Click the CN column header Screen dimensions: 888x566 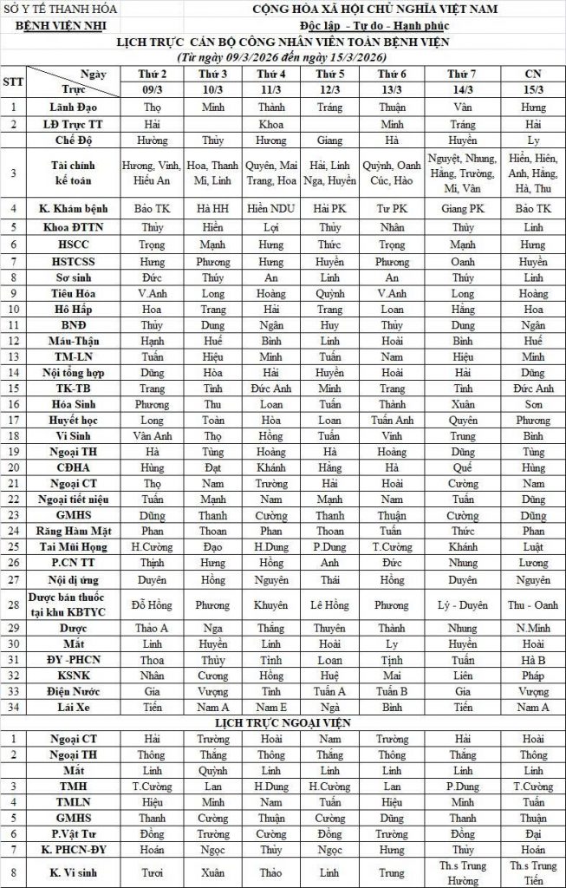point(534,75)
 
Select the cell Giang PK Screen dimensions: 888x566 point(462,208)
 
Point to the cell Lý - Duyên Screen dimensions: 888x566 point(462,605)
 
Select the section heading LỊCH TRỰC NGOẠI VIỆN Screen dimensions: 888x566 point(283,722)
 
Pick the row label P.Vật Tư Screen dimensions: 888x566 point(74,835)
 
